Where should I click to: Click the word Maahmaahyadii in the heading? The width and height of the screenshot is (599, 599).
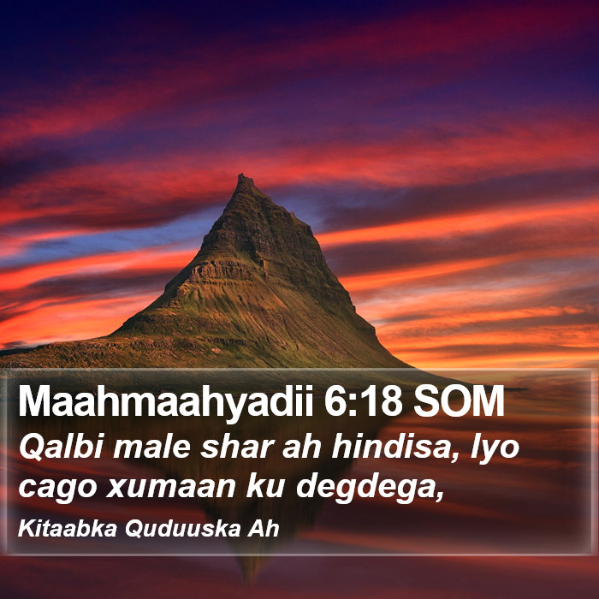point(166,402)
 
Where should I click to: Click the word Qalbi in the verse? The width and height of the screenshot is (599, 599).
point(61,448)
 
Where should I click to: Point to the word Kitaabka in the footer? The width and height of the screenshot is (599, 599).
point(68,529)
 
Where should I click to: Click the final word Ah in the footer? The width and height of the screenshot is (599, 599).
point(264,529)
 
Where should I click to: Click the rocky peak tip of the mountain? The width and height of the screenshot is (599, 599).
point(241,175)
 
